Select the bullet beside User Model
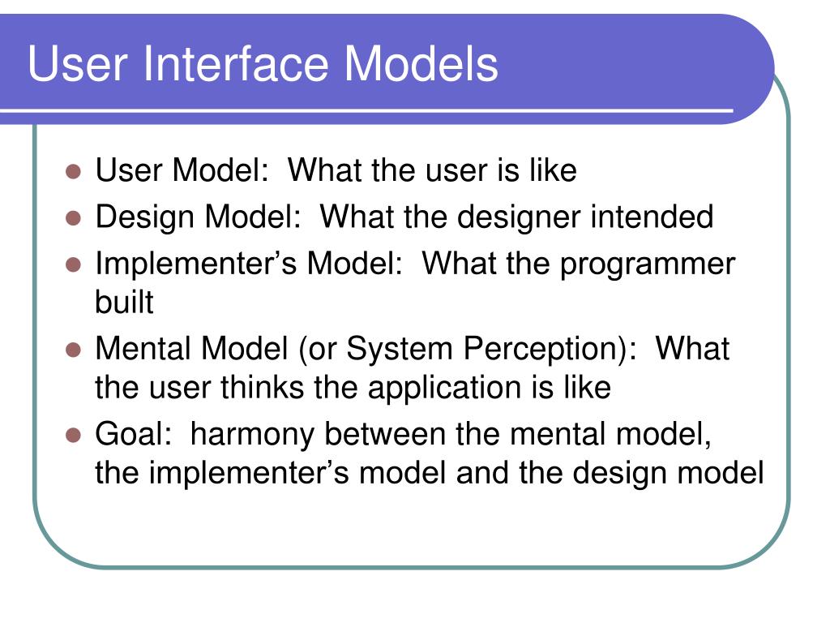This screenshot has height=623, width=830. [73, 171]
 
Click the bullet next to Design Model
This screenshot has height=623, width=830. [73, 217]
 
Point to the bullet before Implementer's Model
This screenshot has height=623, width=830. [73, 264]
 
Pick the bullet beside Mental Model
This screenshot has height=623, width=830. [73, 350]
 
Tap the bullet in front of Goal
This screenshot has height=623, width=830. [73, 435]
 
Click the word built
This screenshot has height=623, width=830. [124, 302]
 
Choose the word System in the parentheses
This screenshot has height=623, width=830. [399, 350]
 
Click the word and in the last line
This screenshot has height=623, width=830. [481, 473]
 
